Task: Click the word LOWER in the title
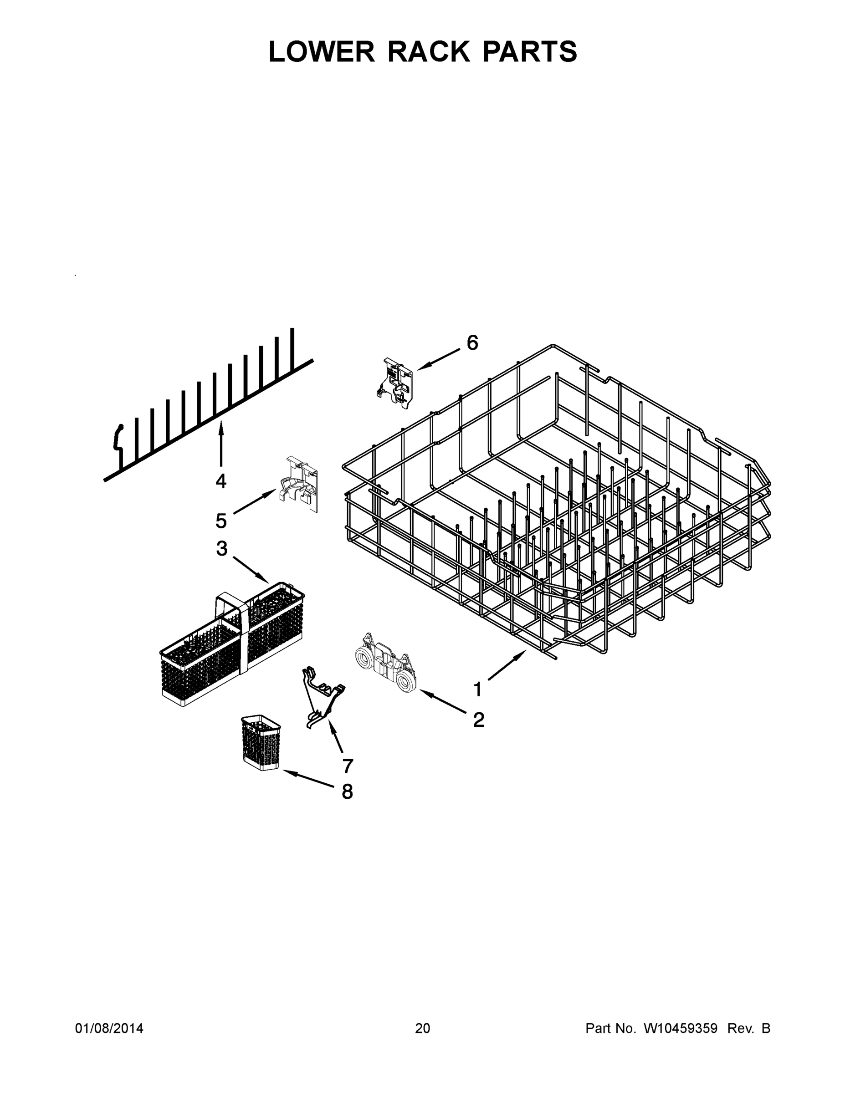point(322,51)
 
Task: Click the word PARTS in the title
point(530,51)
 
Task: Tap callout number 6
point(472,343)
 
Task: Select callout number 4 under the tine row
point(221,481)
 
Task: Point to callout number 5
point(221,521)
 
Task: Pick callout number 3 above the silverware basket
point(222,548)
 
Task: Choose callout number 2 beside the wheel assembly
point(479,720)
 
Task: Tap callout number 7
point(348,765)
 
